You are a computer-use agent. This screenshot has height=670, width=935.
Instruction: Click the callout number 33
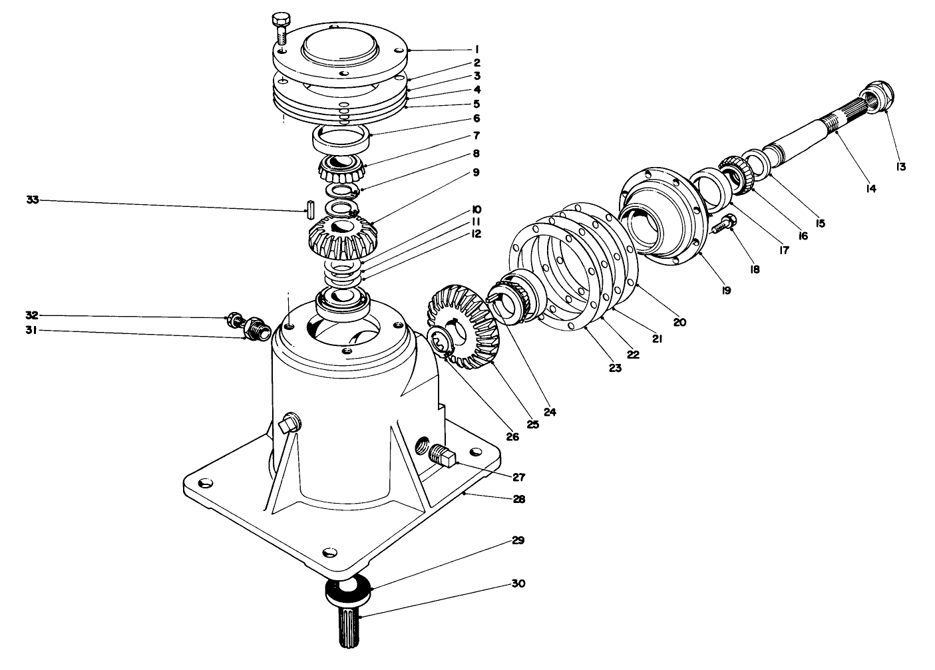click(33, 200)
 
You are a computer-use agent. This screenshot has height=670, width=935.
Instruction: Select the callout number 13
click(901, 167)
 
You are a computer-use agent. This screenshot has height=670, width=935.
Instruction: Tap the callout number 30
click(518, 584)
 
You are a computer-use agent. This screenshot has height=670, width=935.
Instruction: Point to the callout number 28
click(518, 498)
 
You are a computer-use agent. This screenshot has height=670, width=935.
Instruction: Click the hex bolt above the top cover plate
click(281, 30)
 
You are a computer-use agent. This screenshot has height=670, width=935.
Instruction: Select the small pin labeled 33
click(310, 210)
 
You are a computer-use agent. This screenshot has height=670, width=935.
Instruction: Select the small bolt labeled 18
click(723, 224)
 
